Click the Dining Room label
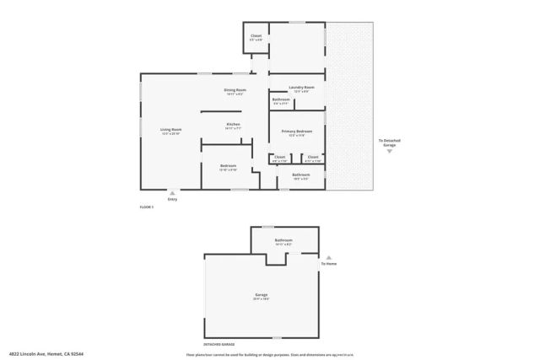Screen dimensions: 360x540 [x=235, y=90]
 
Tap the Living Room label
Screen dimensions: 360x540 [x=171, y=130]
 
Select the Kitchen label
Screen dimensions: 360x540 [x=233, y=125]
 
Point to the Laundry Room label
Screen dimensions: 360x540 [x=301, y=88]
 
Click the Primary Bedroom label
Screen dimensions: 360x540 [x=297, y=132]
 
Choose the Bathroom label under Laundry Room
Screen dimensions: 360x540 [x=282, y=100]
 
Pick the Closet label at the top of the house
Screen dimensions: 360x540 [x=256, y=36]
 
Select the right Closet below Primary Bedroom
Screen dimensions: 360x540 [x=312, y=157]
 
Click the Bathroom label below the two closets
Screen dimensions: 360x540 [x=301, y=175]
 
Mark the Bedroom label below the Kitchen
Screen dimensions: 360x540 [x=228, y=166]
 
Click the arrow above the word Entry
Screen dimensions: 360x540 [x=173, y=192]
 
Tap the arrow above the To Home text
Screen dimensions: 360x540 [x=328, y=257]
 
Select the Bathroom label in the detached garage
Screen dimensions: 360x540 [x=283, y=241]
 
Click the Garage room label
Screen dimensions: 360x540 [x=262, y=295]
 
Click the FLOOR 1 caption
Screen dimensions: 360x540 [x=147, y=207]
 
